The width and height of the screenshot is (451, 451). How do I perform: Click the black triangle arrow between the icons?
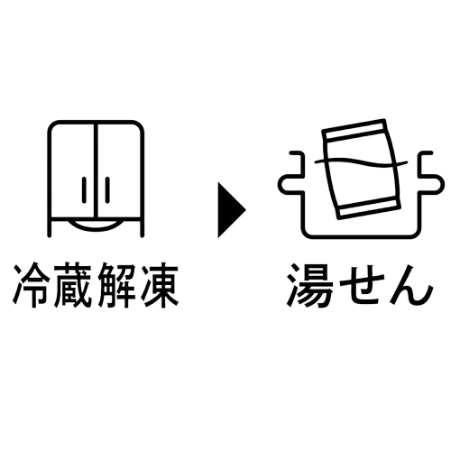(x=230, y=209)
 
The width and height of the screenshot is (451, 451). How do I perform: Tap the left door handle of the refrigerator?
(x=84, y=189)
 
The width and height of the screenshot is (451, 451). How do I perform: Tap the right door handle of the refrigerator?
(x=107, y=189)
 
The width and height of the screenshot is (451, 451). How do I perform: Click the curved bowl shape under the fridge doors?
(x=96, y=225)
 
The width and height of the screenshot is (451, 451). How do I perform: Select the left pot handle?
(x=290, y=174)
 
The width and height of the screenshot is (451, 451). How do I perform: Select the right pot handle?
(x=430, y=174)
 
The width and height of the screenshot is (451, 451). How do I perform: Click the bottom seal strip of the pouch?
(x=368, y=207)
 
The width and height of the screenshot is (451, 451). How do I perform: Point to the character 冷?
(x=32, y=285)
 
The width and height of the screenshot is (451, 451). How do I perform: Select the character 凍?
(x=159, y=285)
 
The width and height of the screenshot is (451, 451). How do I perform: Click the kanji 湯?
(x=309, y=285)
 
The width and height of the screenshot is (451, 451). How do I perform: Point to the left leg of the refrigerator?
(x=50, y=227)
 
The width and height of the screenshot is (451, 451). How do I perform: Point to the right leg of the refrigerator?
(x=143, y=227)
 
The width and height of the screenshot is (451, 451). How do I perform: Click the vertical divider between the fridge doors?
(x=96, y=170)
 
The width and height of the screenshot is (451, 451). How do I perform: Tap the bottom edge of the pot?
(x=362, y=236)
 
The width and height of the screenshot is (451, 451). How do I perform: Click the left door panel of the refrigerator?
(x=72, y=170)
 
